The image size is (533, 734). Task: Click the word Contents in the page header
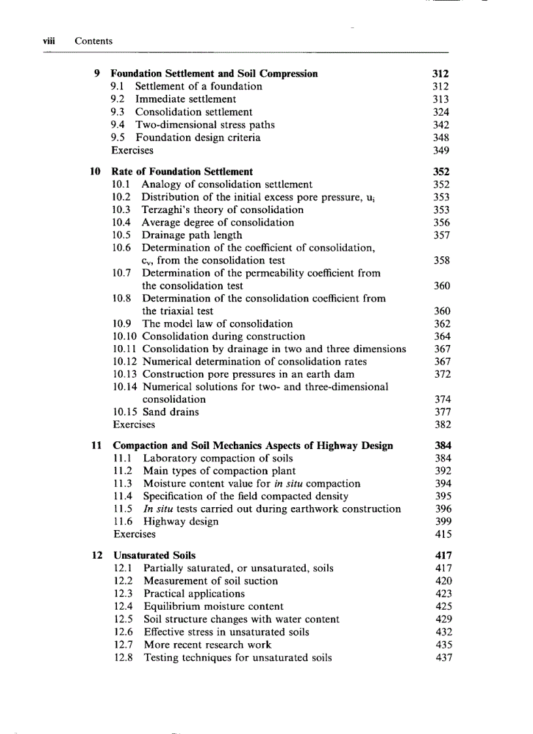pos(93,41)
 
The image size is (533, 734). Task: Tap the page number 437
pos(444,658)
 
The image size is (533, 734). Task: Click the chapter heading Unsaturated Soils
pos(154,556)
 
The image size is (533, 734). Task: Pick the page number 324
pos(442,112)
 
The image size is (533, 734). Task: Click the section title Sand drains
pos(170,412)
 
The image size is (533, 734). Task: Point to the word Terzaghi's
pos(168,210)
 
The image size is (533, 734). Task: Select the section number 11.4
pos(123,496)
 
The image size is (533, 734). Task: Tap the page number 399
pos(444,522)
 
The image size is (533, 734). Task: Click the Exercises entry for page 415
pos(135,534)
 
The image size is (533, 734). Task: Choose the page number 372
pos(443,374)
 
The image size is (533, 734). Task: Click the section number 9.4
pos(120,125)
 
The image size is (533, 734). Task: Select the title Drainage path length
pos(192,235)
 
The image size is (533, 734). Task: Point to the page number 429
pos(444,619)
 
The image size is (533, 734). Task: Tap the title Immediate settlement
pos(186,99)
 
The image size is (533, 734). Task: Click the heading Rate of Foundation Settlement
pos(182,172)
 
